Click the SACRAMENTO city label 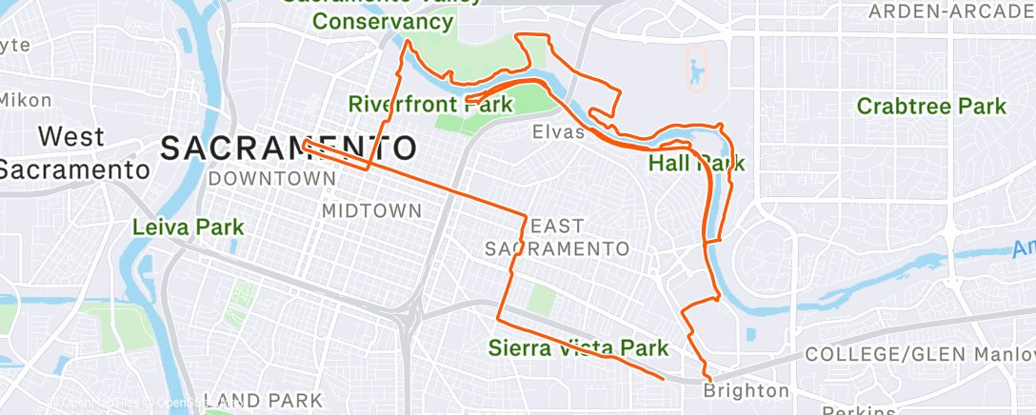(x=289, y=148)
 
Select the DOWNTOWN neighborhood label (x=266, y=178)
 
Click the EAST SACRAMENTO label (x=557, y=238)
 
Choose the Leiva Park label (x=188, y=227)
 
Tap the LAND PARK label (x=265, y=401)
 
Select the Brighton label (x=747, y=390)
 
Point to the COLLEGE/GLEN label (x=874, y=354)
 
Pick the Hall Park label (x=696, y=163)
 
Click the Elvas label (x=559, y=132)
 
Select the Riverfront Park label (x=417, y=103)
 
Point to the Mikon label (x=25, y=100)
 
